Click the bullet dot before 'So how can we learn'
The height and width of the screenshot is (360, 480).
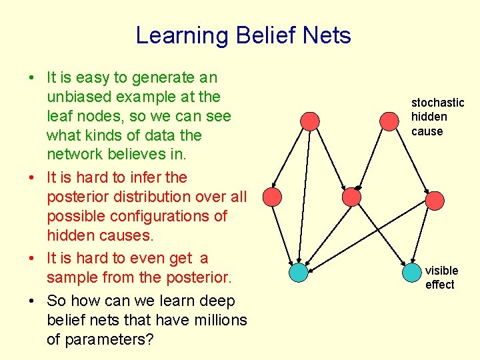coord(32,301)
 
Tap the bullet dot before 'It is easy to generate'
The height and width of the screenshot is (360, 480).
coord(32,78)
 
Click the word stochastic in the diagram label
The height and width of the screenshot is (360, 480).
coord(437,103)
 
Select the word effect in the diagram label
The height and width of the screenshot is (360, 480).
coord(440,285)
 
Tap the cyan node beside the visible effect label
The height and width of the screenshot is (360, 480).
coord(412,272)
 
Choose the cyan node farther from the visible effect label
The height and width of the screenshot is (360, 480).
coord(299,272)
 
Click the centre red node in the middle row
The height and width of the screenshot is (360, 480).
coord(351,197)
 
